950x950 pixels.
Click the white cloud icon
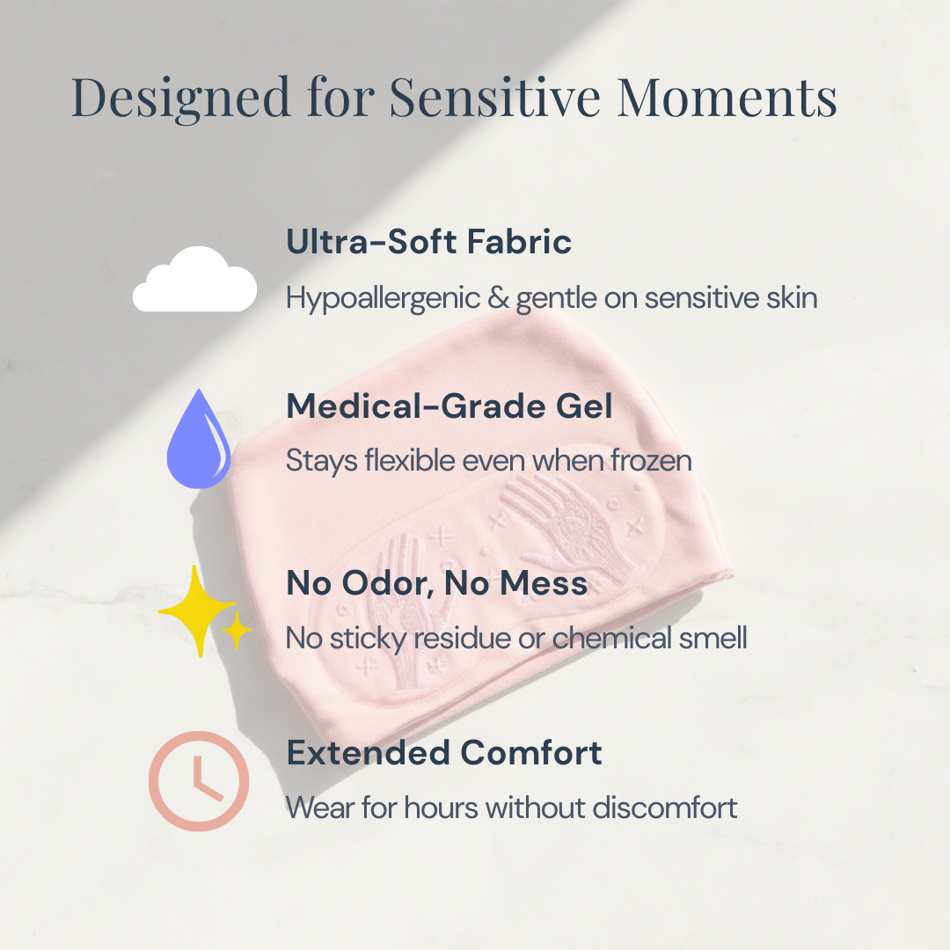pyautogui.click(x=194, y=280)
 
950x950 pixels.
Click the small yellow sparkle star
pyautogui.click(x=237, y=631)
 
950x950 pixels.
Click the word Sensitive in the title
pyautogui.click(x=494, y=97)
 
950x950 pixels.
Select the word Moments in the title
pyautogui.click(x=727, y=97)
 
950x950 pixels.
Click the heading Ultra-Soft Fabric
pyautogui.click(x=428, y=241)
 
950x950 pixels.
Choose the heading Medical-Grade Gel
pyautogui.click(x=449, y=406)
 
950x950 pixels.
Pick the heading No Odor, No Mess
pyautogui.click(x=437, y=582)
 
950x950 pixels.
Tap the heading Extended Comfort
pyautogui.click(x=444, y=752)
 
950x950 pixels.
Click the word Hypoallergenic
pyautogui.click(x=383, y=299)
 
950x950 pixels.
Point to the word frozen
pyautogui.click(x=651, y=460)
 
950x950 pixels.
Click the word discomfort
pyautogui.click(x=665, y=807)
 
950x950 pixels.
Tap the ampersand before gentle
pyautogui.click(x=499, y=298)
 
